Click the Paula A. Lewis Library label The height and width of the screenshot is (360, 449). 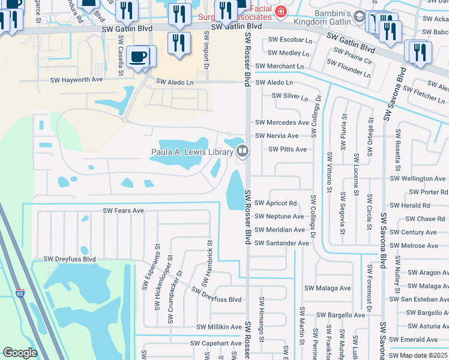[x=191, y=152]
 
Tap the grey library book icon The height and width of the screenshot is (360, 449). [x=243, y=150]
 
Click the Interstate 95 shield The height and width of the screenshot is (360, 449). [x=21, y=293]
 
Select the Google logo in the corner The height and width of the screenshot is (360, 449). [x=20, y=353]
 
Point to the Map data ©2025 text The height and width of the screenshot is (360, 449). [x=424, y=356]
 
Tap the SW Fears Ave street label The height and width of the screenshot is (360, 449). [x=123, y=211]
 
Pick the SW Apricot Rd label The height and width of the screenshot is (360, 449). [x=276, y=203]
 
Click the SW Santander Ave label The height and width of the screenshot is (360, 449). [x=282, y=243]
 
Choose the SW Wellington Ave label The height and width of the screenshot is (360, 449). [x=418, y=179]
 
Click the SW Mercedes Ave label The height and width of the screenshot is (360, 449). [x=282, y=122]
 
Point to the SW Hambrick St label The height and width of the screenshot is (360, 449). [x=210, y=259]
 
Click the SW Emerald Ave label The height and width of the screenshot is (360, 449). [x=423, y=340]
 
